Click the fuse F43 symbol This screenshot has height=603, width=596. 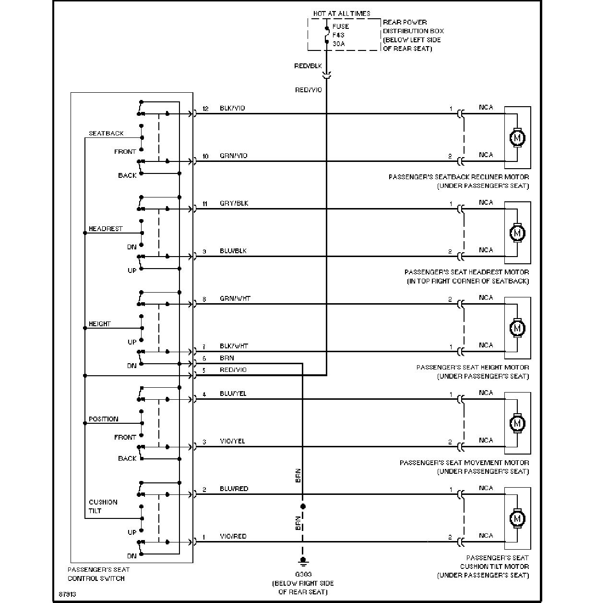pyautogui.click(x=327, y=35)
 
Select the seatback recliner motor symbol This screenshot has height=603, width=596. pyautogui.click(x=517, y=138)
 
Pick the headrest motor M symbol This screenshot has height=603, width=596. pyautogui.click(x=517, y=233)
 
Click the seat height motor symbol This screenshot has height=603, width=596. pyautogui.click(x=517, y=328)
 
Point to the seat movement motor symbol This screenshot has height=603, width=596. pyautogui.click(x=517, y=423)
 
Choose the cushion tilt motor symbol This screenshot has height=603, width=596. pyautogui.click(x=517, y=518)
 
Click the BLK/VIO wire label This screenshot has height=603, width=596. pyautogui.click(x=232, y=108)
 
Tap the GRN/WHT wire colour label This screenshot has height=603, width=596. pyautogui.click(x=235, y=298)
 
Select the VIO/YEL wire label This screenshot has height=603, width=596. pyautogui.click(x=232, y=441)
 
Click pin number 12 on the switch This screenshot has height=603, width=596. pyautogui.click(x=205, y=109)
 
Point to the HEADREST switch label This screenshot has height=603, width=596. pyautogui.click(x=106, y=229)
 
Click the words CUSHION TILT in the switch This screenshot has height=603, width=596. pyautogui.click(x=103, y=506)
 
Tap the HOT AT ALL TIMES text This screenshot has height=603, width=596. pyautogui.click(x=342, y=13)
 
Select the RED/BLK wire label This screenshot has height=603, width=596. pyautogui.click(x=308, y=66)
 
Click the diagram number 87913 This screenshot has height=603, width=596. pyautogui.click(x=67, y=594)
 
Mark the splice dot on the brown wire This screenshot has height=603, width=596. pyautogui.click(x=302, y=506)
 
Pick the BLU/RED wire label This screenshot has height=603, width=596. pyautogui.click(x=234, y=489)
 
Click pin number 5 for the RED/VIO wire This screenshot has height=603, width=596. pyautogui.click(x=204, y=370)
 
